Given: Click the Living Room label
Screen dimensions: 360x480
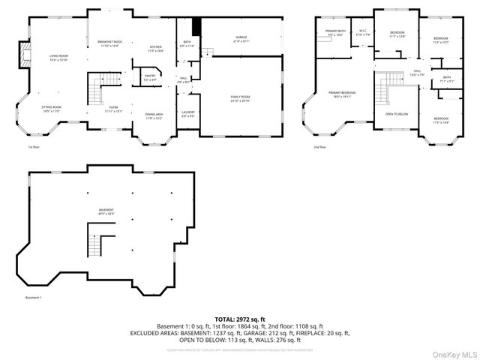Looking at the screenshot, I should (58, 56).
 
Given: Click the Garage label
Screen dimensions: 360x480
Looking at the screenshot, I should (241, 39).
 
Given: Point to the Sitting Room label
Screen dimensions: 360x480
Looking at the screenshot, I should (52, 109).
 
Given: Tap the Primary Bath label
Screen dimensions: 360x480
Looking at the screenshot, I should (334, 33).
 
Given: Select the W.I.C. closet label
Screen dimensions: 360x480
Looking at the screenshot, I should (361, 33).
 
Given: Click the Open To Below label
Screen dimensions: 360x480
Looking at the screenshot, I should (397, 114).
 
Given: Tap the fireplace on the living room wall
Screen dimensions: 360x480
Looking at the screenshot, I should (25, 53).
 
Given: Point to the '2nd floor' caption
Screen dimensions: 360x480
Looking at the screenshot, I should (320, 147).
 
